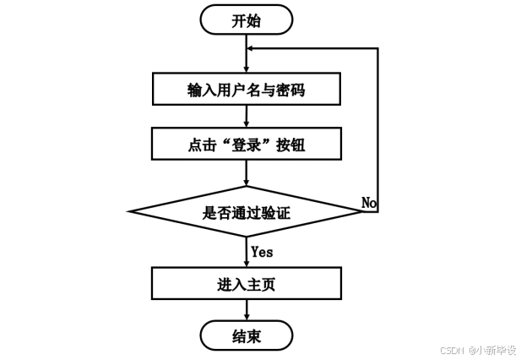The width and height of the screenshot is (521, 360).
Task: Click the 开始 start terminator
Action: [246, 19]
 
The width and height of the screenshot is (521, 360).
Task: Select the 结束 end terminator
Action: [246, 335]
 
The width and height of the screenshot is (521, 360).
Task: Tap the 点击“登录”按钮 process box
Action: [246, 144]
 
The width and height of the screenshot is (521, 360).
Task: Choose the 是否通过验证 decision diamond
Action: [246, 212]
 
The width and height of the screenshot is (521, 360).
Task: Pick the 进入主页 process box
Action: [246, 283]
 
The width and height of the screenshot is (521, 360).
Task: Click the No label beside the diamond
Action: [369, 202]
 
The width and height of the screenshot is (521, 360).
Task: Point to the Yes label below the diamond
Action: [262, 251]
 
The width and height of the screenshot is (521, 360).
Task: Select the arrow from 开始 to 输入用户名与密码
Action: [246, 59]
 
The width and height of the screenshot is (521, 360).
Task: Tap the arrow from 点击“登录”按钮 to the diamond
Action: [246, 173]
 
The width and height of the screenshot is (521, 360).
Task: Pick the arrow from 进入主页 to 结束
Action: [246, 309]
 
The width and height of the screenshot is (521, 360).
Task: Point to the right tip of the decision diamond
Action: [362, 212]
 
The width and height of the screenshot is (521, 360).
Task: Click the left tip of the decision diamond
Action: [129, 212]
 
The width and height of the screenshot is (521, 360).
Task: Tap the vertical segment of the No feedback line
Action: [378, 127]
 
